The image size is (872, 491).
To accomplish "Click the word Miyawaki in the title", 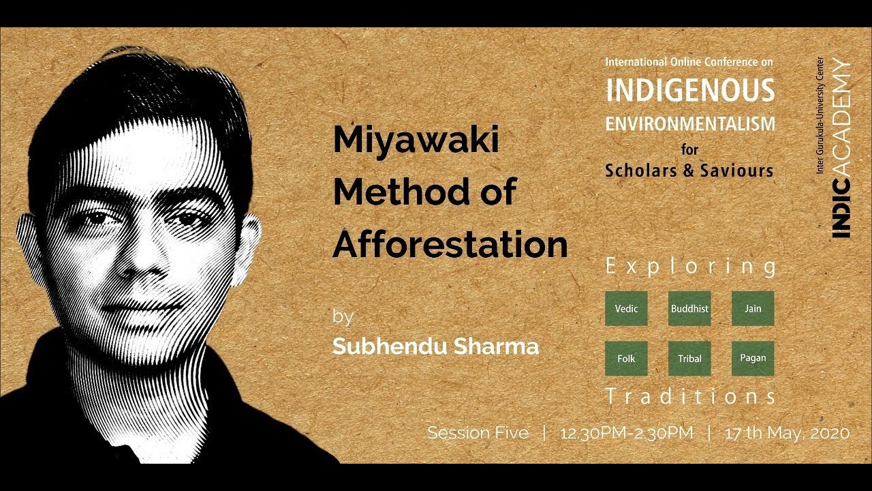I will click(x=416, y=141).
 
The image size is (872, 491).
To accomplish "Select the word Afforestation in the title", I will click(x=450, y=243).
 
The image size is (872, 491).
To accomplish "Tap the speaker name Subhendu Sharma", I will click(x=435, y=346).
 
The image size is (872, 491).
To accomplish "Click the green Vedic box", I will click(x=626, y=308).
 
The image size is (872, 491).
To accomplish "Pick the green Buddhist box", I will click(x=689, y=308).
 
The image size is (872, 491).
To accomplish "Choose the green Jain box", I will click(x=753, y=308).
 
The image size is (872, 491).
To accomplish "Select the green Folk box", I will click(x=626, y=359).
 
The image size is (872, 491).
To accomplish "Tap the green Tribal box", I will click(x=689, y=359).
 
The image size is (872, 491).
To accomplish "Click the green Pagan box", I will click(x=753, y=359).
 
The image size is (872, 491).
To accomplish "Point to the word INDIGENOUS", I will click(x=690, y=91).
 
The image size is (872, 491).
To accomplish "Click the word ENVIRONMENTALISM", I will click(x=690, y=124).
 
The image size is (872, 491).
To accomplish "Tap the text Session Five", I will click(x=478, y=432).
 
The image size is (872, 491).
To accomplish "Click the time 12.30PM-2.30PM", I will click(x=626, y=432).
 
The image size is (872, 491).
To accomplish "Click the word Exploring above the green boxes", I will click(x=691, y=267).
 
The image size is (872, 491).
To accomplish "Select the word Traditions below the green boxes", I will click(x=691, y=397).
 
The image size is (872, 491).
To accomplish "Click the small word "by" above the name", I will click(x=343, y=317).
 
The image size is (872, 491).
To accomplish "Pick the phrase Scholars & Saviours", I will click(x=689, y=170).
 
